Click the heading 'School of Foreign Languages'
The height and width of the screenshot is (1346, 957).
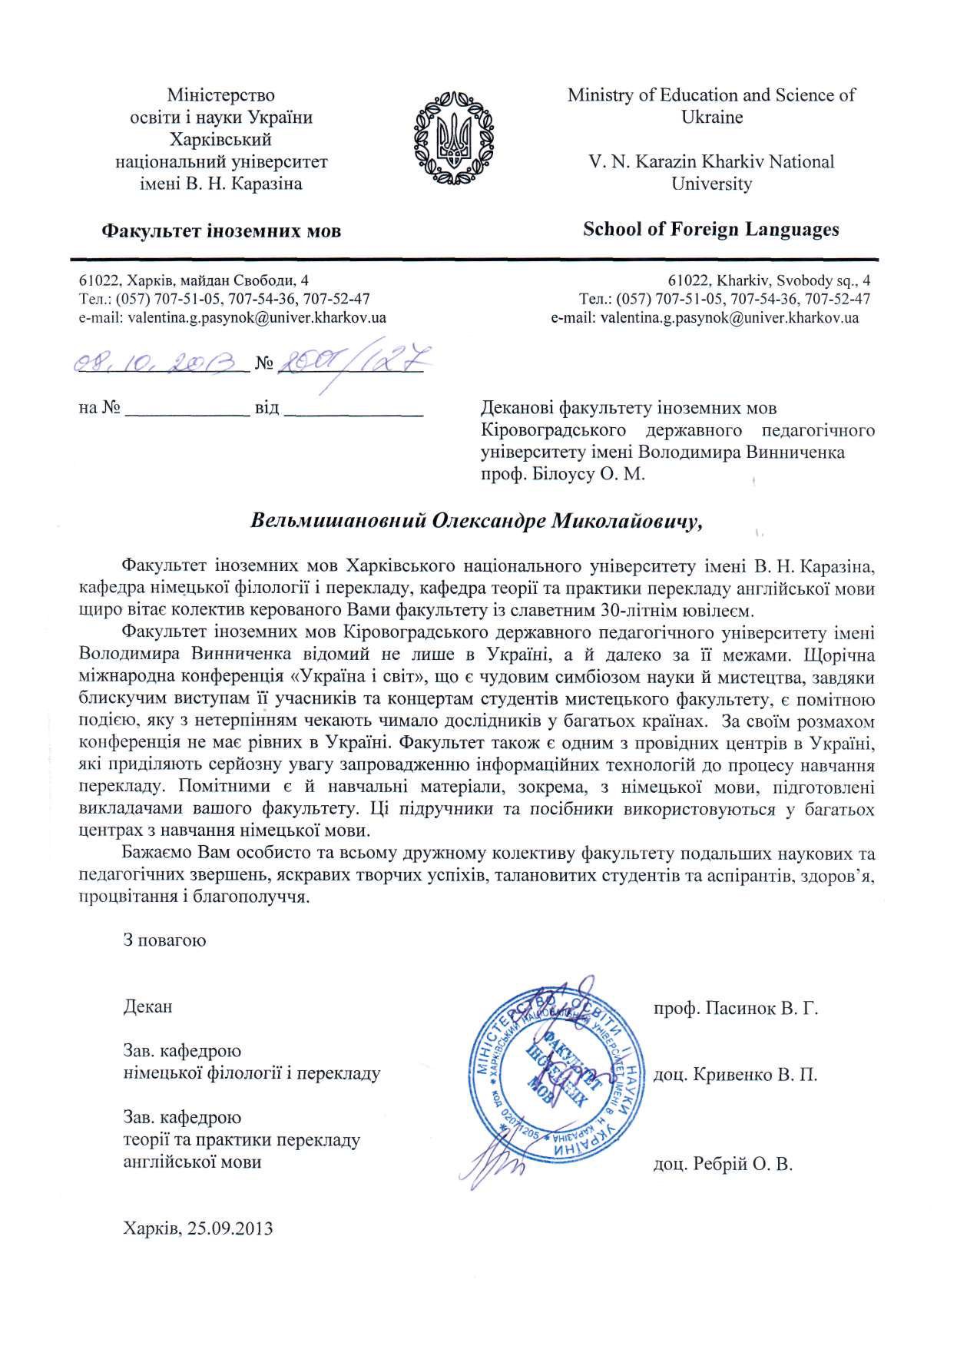coord(710,229)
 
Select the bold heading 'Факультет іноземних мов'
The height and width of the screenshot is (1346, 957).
coord(222,230)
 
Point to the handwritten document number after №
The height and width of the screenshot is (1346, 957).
coord(349,360)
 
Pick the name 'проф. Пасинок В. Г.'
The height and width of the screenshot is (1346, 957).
coord(735,1007)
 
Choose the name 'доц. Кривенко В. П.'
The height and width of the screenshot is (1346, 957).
coord(734,1075)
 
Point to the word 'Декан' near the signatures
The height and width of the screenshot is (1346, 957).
coord(147,1006)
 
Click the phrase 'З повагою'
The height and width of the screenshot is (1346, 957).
coord(164,940)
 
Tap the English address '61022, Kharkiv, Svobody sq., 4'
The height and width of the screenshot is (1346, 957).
coord(769,280)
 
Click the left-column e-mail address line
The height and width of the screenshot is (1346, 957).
coord(233,317)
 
